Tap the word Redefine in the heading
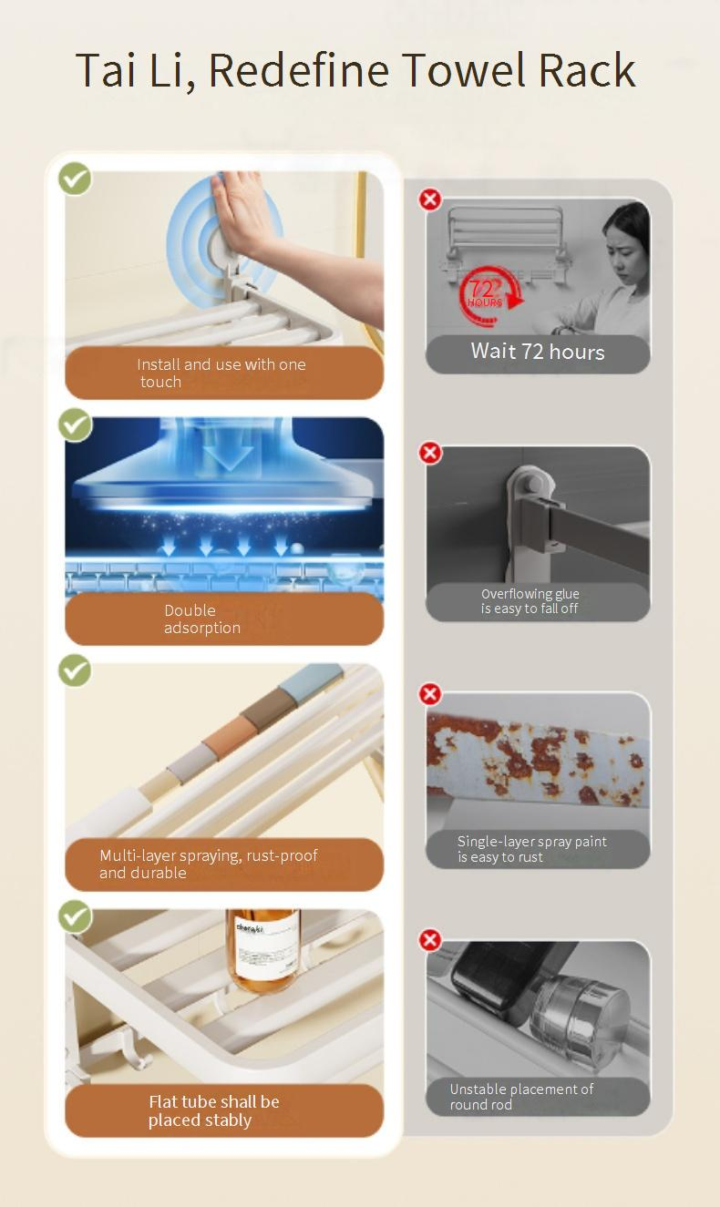coord(299,69)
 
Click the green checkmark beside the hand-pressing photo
coord(75,179)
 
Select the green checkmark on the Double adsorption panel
coord(75,424)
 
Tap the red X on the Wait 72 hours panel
coord(430,199)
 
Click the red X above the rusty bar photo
coord(430,694)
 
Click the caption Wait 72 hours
coord(538,352)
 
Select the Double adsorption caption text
coord(202,619)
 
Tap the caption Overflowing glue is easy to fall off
coord(530,601)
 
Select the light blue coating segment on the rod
coord(318,680)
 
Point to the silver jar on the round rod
coord(580,1018)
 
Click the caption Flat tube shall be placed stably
coord(213,1111)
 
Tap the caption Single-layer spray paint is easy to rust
coord(532,849)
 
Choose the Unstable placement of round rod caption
coord(521,1096)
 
